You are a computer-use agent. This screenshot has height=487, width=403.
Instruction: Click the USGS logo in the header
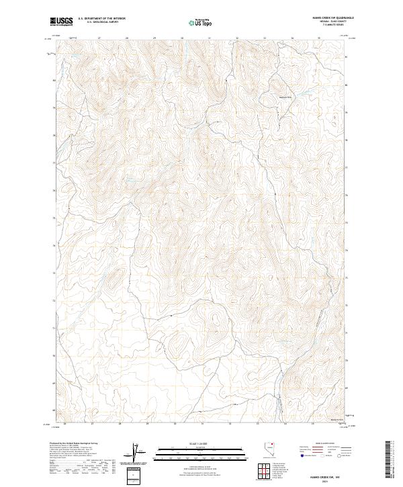pos(61,21)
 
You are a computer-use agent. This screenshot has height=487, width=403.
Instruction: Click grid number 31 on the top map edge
pos(209,38)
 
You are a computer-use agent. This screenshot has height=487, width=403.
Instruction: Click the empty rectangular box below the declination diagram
pos(137,475)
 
